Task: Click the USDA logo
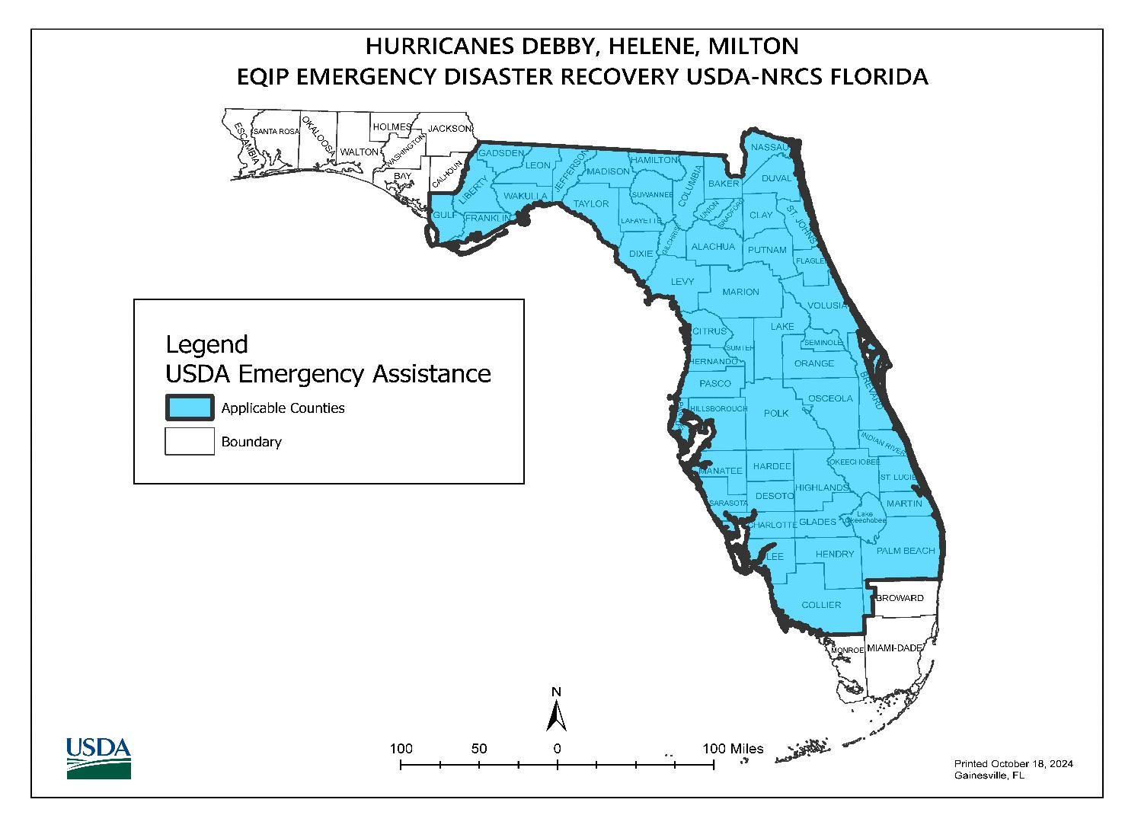coord(98,758)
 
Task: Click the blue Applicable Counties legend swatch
coord(190,408)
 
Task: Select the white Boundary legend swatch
coord(190,441)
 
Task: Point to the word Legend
coord(206,344)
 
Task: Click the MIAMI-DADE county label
coord(894,648)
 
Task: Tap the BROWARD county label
coord(900,598)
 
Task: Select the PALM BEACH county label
coord(905,551)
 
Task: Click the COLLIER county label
coord(821,605)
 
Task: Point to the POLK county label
coord(776,413)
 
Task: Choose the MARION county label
coord(740,292)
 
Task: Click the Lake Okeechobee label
coord(864,517)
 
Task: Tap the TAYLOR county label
coord(591,203)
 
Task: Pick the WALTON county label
coord(359,152)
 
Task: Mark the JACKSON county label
coord(449,129)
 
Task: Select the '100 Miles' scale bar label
coord(732,749)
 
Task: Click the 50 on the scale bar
coord(478,749)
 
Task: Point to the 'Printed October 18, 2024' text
coord(1013,763)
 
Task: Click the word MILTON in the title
coord(753,46)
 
